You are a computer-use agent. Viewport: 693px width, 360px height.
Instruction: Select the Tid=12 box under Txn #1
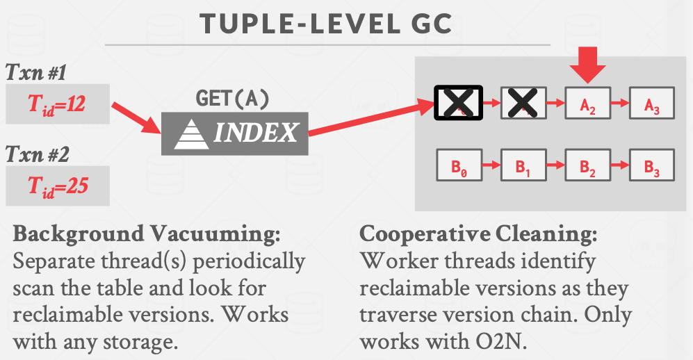(x=58, y=104)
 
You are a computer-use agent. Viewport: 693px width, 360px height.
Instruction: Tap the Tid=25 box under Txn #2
(x=58, y=186)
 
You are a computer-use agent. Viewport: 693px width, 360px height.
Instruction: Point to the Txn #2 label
(x=36, y=154)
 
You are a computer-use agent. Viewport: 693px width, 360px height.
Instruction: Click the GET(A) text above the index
(x=233, y=99)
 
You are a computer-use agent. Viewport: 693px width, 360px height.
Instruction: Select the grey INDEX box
(x=234, y=132)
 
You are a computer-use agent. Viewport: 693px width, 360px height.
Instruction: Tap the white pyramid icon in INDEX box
(x=191, y=133)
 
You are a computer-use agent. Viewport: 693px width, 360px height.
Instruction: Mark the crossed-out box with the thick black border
(x=458, y=104)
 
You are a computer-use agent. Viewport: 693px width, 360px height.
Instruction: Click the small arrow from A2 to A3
(x=620, y=104)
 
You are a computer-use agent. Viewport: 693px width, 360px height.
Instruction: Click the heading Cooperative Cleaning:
(x=478, y=234)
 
